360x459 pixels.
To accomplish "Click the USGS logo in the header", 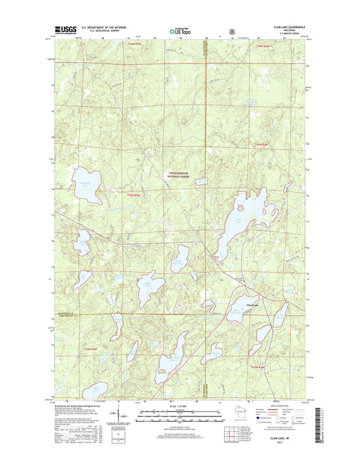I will [63, 30].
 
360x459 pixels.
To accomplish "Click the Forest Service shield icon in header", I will [232, 30].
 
